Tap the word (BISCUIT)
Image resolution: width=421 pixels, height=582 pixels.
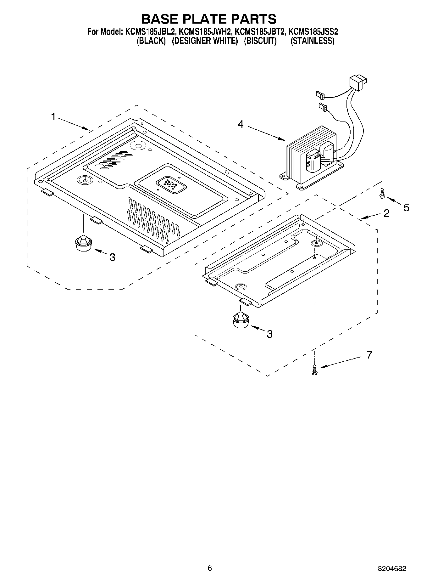pyautogui.click(x=260, y=41)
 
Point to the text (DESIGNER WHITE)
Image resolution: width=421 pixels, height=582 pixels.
pyautogui.click(x=205, y=41)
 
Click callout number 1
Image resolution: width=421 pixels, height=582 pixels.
pyautogui.click(x=53, y=117)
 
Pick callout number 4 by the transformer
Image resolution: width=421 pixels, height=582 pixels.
pyautogui.click(x=241, y=124)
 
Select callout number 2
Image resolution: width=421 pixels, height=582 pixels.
pyautogui.click(x=386, y=213)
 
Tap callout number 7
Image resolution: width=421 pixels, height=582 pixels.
pyautogui.click(x=369, y=355)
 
